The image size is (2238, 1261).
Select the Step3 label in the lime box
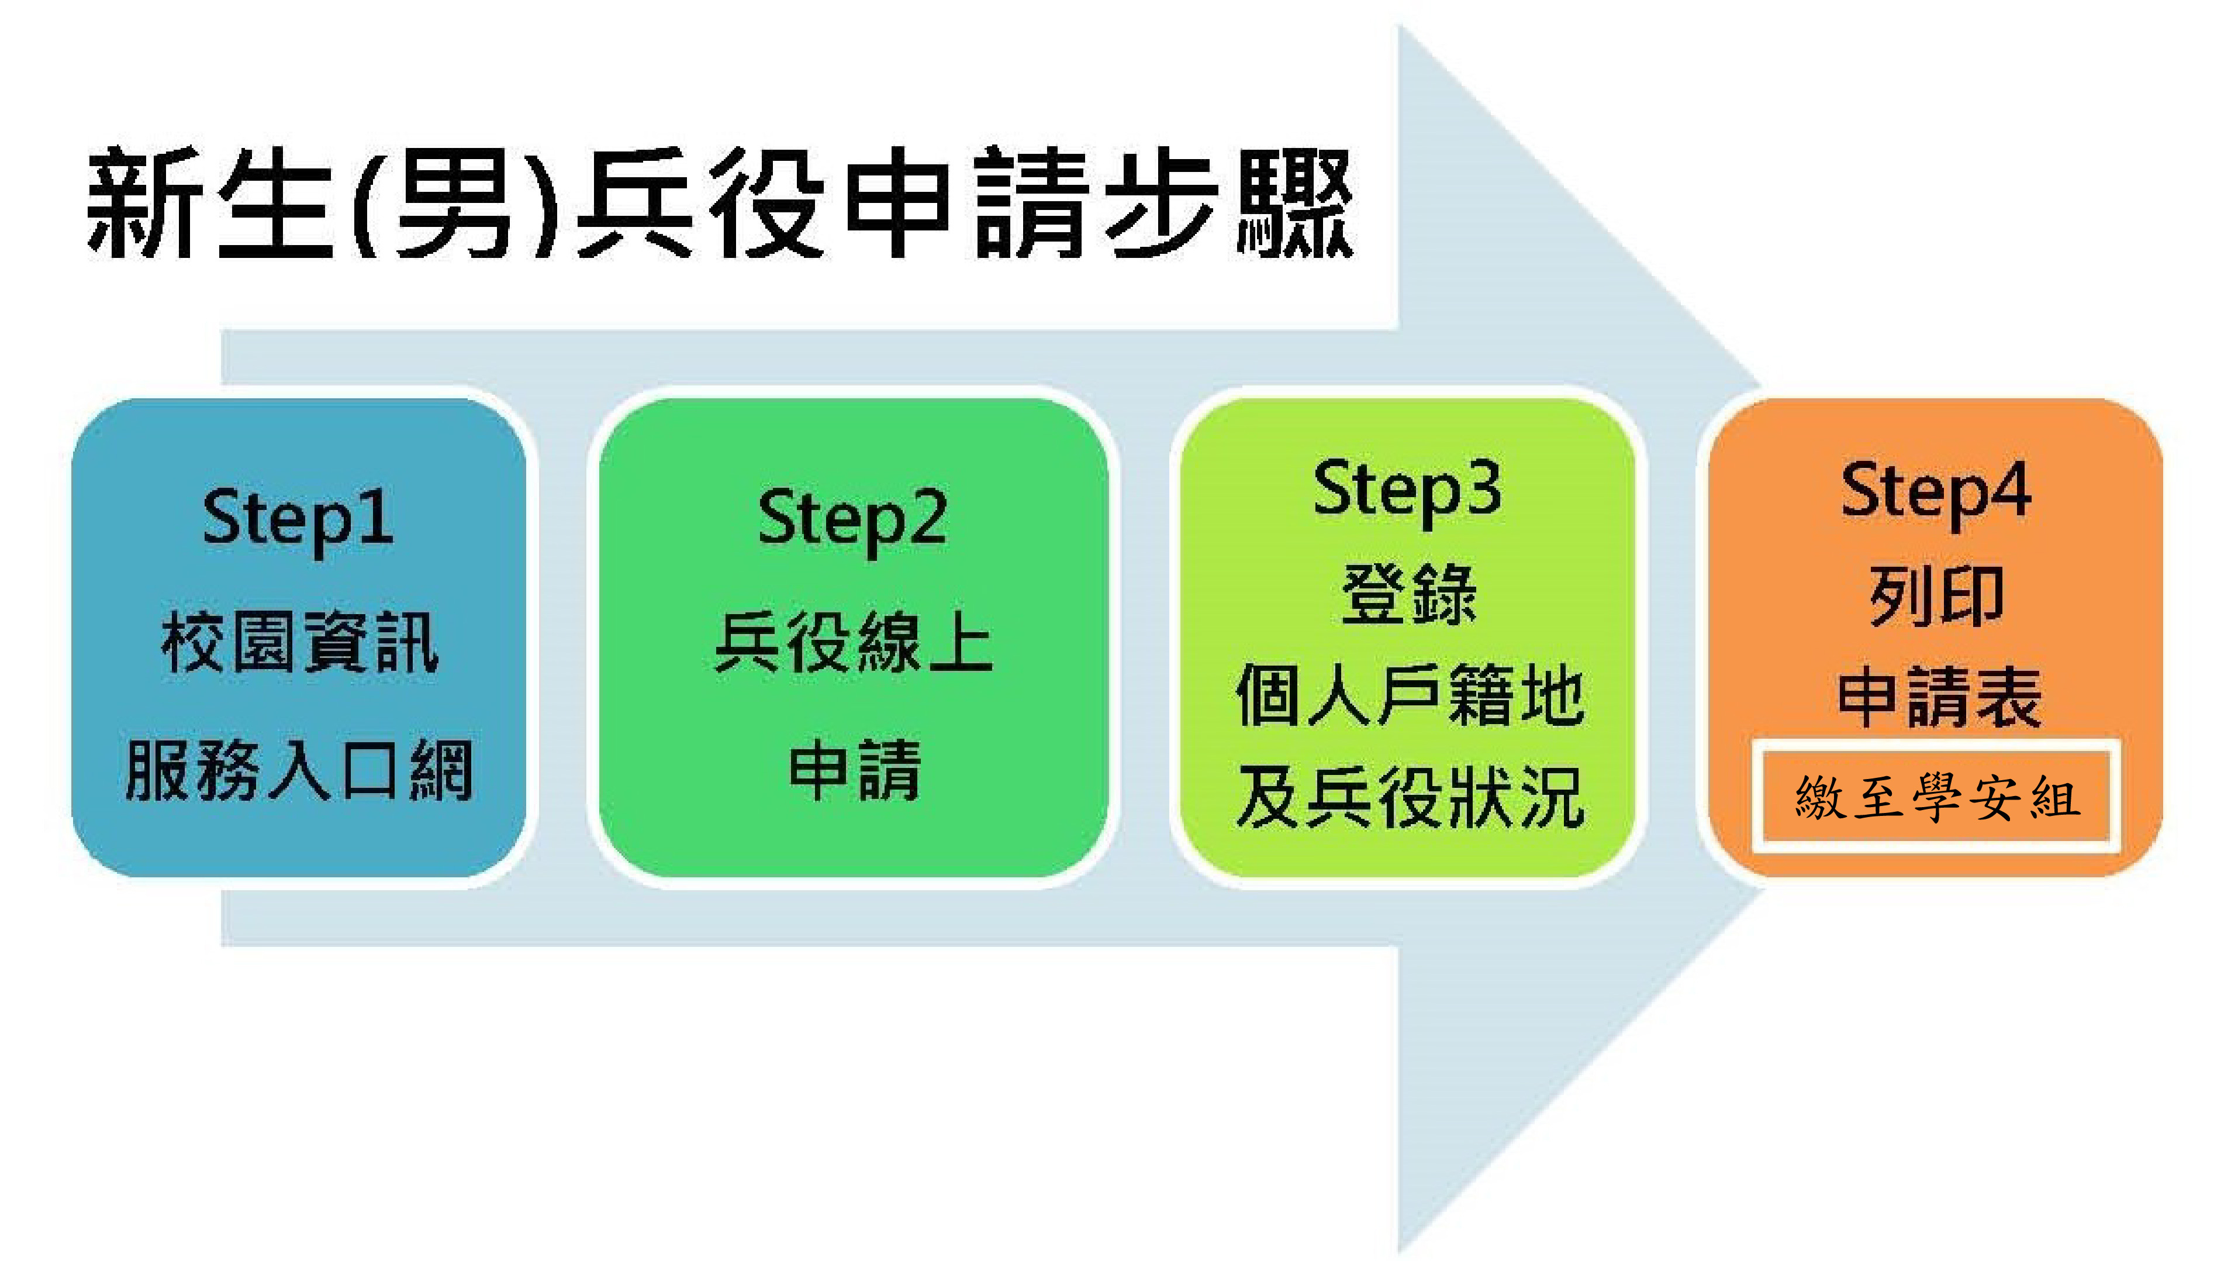click(1407, 490)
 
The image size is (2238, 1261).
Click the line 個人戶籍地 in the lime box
click(1409, 695)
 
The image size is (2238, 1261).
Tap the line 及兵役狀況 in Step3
click(1409, 797)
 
